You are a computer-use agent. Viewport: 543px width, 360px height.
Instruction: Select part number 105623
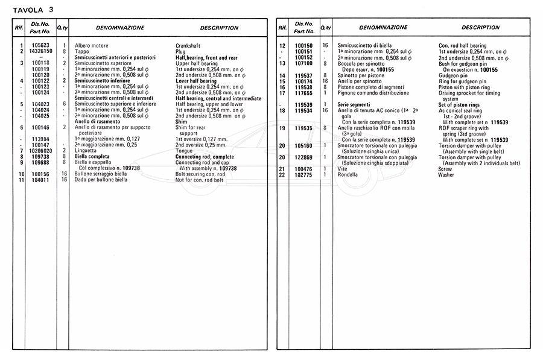click(41, 46)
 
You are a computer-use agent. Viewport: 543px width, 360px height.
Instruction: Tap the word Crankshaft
click(188, 46)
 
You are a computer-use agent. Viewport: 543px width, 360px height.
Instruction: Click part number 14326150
click(41, 52)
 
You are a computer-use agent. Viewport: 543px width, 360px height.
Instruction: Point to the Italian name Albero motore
click(91, 46)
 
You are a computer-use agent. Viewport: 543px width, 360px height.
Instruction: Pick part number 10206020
click(41, 150)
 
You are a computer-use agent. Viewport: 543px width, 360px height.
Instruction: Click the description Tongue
click(185, 150)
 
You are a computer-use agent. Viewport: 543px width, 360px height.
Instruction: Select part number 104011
click(41, 180)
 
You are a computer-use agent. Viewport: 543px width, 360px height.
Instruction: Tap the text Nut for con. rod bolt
click(200, 180)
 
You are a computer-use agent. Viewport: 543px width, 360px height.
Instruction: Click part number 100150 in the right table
click(303, 46)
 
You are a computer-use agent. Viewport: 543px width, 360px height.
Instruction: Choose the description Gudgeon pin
click(453, 75)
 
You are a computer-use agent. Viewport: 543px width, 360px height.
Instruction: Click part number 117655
click(303, 93)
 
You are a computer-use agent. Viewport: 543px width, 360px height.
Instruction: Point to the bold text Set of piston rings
click(463, 105)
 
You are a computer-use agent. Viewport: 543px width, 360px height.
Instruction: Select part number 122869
click(303, 157)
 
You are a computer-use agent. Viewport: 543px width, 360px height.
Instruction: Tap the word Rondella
click(348, 175)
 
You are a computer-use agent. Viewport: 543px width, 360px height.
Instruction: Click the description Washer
click(446, 175)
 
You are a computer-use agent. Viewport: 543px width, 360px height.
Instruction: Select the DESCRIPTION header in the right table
click(481, 28)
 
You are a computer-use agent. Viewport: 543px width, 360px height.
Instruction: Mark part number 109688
click(41, 162)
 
